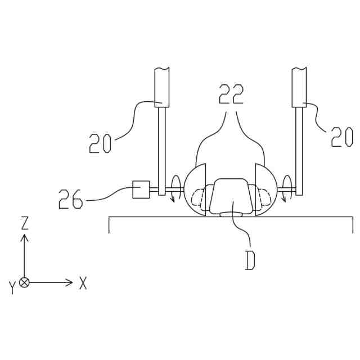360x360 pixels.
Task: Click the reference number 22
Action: pyautogui.click(x=231, y=94)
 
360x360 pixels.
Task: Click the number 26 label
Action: pyautogui.click(x=70, y=199)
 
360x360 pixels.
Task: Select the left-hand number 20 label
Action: pyautogui.click(x=100, y=143)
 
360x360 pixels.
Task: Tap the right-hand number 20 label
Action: pyautogui.click(x=342, y=137)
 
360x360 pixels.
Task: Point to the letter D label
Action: pyautogui.click(x=250, y=260)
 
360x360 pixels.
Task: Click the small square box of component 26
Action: pyautogui.click(x=141, y=190)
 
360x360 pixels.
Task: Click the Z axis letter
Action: pyautogui.click(x=24, y=223)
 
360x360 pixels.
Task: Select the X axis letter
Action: pyautogui.click(x=83, y=283)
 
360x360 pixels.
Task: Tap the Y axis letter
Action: pyautogui.click(x=12, y=287)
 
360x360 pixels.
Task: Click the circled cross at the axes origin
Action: pyautogui.click(x=24, y=282)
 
